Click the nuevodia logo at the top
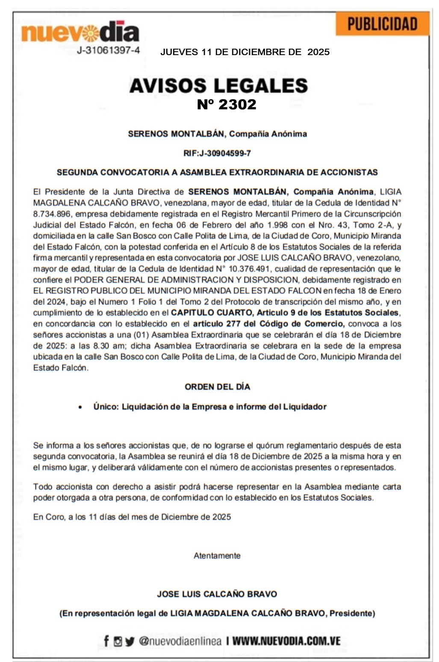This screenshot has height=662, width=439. tap(80, 32)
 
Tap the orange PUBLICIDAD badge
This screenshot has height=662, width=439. tap(382, 24)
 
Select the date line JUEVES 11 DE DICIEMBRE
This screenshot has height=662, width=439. tap(245, 52)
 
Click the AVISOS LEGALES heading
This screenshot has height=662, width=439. tap(218, 85)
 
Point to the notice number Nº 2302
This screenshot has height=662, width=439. tap(227, 104)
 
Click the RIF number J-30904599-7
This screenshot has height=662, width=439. tap(217, 153)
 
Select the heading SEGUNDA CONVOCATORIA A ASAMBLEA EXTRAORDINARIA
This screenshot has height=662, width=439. tap(217, 173)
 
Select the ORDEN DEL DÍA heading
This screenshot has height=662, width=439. tap(217, 387)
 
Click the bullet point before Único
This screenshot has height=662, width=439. tap(80, 407)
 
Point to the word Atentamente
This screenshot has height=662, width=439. tap(217, 556)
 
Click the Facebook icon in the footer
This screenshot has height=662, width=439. tap(106, 641)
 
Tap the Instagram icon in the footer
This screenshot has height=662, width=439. tap(118, 641)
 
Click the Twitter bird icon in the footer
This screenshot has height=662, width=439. tap(130, 641)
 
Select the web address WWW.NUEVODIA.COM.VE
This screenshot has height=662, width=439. tap(286, 641)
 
